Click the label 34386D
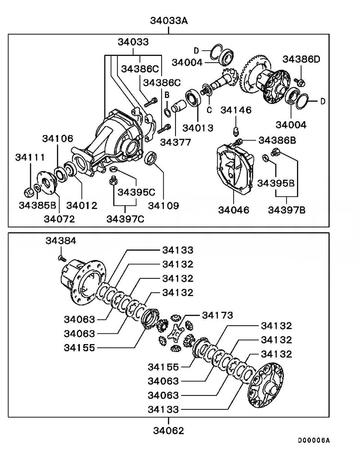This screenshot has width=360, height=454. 301,59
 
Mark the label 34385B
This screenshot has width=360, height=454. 37,206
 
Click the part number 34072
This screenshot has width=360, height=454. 59,219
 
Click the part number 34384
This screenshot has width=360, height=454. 61,242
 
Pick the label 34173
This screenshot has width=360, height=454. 217,315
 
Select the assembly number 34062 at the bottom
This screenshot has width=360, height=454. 168,431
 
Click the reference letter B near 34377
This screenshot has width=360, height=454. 166,95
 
